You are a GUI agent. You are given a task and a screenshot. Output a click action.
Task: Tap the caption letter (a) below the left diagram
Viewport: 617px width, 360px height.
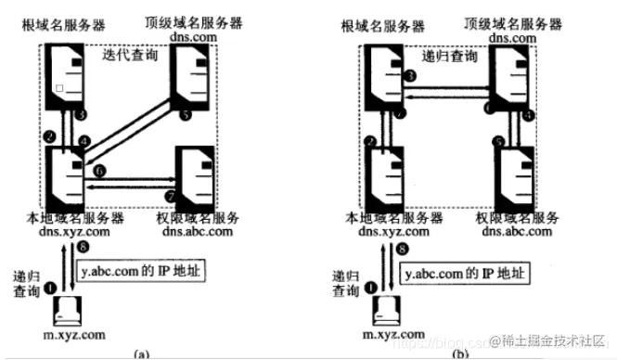[142, 353]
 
